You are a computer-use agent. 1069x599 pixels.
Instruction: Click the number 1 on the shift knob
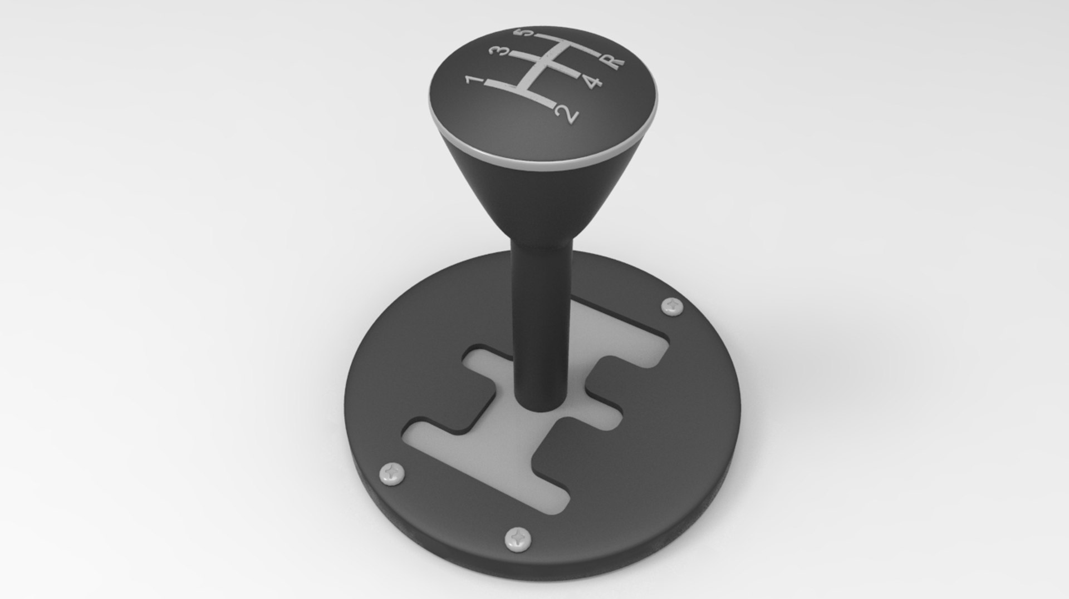(x=474, y=82)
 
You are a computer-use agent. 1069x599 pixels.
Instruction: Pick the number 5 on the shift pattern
(x=528, y=34)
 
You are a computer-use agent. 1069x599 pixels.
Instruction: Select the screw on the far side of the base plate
(x=673, y=306)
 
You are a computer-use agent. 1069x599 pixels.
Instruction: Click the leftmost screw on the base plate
(x=392, y=473)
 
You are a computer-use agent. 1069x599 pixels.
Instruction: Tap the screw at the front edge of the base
(x=517, y=539)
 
